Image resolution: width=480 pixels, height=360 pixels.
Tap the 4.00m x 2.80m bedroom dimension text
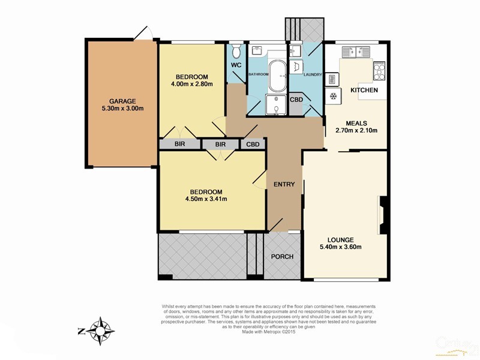tap(191, 85)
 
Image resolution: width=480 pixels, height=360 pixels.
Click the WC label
tap(236, 65)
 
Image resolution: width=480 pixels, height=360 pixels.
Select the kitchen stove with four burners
tap(380, 72)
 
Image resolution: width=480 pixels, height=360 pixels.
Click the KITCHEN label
tap(364, 90)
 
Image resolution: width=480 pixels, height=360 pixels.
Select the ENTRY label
tap(284, 184)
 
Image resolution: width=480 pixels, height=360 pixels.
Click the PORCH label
tap(282, 257)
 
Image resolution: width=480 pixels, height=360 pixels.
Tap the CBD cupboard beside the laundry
tap(296, 100)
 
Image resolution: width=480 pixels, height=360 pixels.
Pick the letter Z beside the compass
tap(81, 330)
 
